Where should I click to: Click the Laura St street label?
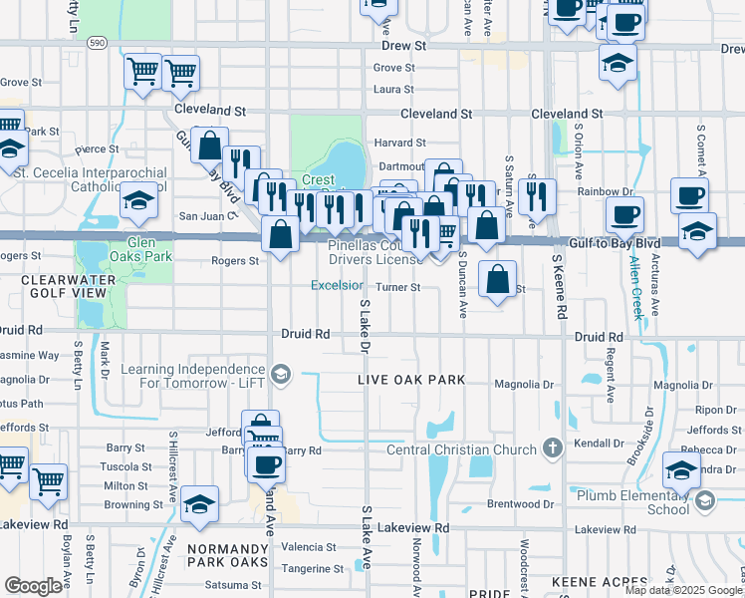click(393, 89)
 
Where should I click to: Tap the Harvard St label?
click(399, 144)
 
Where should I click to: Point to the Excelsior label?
click(337, 285)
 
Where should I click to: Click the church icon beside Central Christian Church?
click(554, 449)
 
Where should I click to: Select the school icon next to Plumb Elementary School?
click(705, 499)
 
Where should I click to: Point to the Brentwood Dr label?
click(520, 504)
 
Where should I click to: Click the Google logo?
click(33, 586)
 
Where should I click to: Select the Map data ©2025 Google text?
click(684, 590)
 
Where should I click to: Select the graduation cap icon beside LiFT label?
click(282, 374)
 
